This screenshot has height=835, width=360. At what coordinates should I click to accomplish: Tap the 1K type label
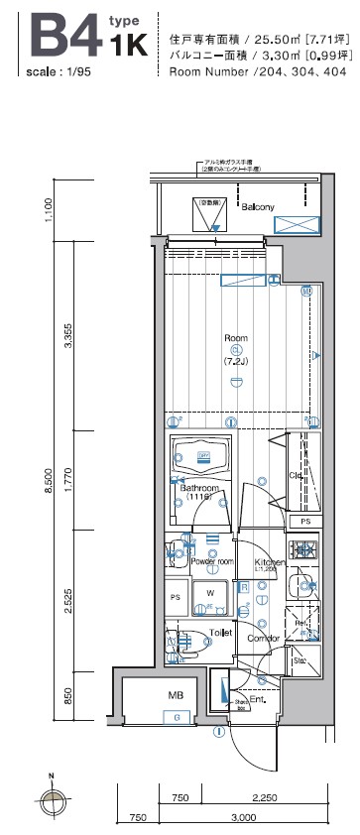tap(129, 44)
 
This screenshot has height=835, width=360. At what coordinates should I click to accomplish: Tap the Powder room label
tap(211, 561)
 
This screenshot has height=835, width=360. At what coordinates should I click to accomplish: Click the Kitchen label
tap(271, 562)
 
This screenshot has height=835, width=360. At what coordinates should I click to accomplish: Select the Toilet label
tap(220, 632)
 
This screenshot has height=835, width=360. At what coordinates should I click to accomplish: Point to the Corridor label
tap(263, 639)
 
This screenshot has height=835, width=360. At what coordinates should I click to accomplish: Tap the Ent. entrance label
tap(257, 700)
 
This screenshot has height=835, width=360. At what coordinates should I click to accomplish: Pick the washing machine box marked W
tap(210, 594)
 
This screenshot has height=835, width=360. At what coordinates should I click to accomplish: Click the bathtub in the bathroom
tap(202, 456)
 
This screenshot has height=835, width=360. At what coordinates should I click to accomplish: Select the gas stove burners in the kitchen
tap(302, 548)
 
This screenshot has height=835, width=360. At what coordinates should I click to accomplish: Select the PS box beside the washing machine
tap(176, 597)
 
